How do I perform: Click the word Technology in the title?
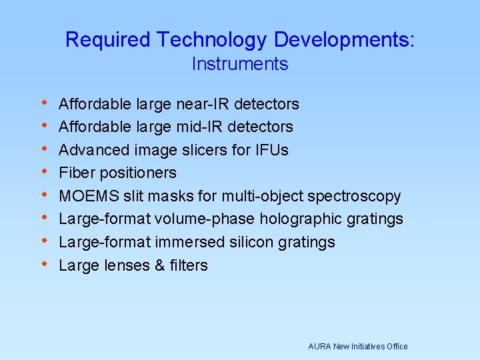[212, 41]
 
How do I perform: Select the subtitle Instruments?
[240, 65]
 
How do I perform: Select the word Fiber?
[75, 173]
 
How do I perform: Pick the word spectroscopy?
[359, 197]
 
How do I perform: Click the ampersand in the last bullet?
[159, 265]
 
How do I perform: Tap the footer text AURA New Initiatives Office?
[357, 347]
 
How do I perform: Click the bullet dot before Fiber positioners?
[44, 172]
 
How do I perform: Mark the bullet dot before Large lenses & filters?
[44, 264]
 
